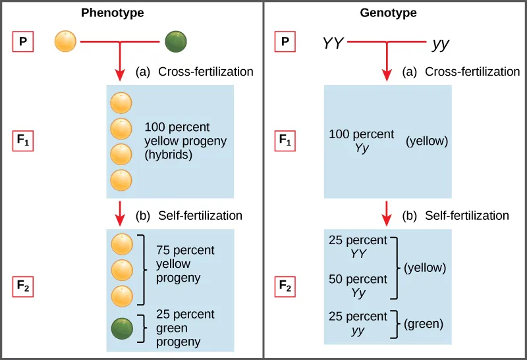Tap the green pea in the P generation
176,43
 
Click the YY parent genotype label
333,44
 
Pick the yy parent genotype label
441,44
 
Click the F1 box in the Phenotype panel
24,140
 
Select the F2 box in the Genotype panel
285,286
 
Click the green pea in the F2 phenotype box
121,328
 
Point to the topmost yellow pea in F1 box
121,103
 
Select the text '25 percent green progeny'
178,328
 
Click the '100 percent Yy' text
361,141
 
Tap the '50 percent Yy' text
358,286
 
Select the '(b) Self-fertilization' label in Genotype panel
455,215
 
